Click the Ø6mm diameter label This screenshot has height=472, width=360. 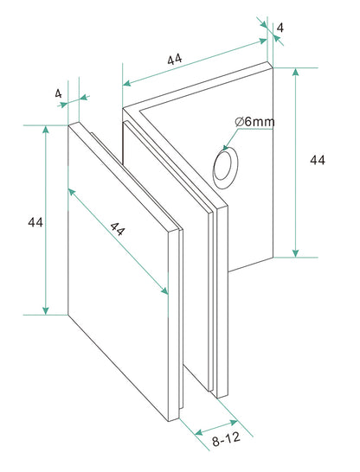(x=255, y=122)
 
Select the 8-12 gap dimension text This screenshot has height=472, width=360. (x=226, y=439)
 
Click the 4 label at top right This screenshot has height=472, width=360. (x=280, y=28)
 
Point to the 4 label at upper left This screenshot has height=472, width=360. (x=58, y=93)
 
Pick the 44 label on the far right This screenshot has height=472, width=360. (x=318, y=160)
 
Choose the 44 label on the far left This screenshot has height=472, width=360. (x=35, y=222)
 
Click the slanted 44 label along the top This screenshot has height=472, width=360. (x=175, y=59)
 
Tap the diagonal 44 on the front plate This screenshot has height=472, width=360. (x=117, y=228)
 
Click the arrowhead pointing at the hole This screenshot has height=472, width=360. (x=225, y=147)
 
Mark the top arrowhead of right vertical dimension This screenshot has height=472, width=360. (x=296, y=72)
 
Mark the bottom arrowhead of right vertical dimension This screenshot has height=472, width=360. (x=296, y=253)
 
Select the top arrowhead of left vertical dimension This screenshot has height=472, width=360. (x=46, y=129)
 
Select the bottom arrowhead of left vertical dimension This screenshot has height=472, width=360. (x=46, y=310)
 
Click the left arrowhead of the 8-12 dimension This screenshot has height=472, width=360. (x=198, y=433)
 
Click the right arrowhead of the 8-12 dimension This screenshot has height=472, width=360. (x=234, y=423)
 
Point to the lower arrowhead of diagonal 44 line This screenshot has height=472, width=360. (x=164, y=290)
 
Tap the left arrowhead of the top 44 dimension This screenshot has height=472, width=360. (x=127, y=83)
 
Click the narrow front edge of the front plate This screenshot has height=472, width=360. (x=174, y=325)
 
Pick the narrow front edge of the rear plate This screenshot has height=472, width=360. (x=222, y=301)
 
